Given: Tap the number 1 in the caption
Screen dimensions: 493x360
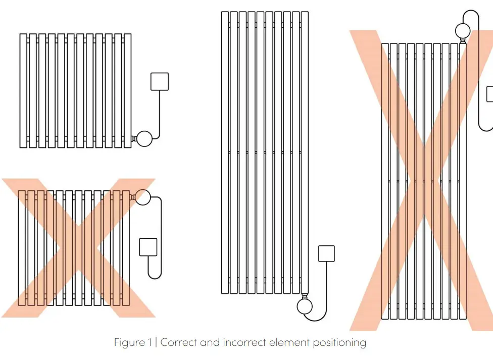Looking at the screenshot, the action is coord(150,343).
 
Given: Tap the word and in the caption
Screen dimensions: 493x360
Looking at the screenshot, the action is coord(209,343).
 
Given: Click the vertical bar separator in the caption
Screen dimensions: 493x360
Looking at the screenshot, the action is coord(156,343).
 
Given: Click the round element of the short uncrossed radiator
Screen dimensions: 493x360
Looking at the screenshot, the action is coord(144,138).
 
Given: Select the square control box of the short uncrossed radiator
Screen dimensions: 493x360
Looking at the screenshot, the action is coord(160,82).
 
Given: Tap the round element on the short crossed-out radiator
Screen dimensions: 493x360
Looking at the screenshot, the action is coord(143,197).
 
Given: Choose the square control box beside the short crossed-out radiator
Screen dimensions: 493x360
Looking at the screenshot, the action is coord(148,247).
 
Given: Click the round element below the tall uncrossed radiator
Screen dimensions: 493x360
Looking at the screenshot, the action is coord(305,306).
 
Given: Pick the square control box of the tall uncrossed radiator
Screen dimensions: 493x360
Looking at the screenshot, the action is coord(326,253).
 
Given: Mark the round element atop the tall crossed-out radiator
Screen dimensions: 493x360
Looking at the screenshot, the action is coord(463,31).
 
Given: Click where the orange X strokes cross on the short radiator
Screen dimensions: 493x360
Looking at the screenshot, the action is coord(78,247).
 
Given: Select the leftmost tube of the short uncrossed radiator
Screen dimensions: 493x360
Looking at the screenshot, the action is coord(23,91).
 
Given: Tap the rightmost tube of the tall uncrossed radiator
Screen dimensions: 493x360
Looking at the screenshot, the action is coord(305,151).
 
